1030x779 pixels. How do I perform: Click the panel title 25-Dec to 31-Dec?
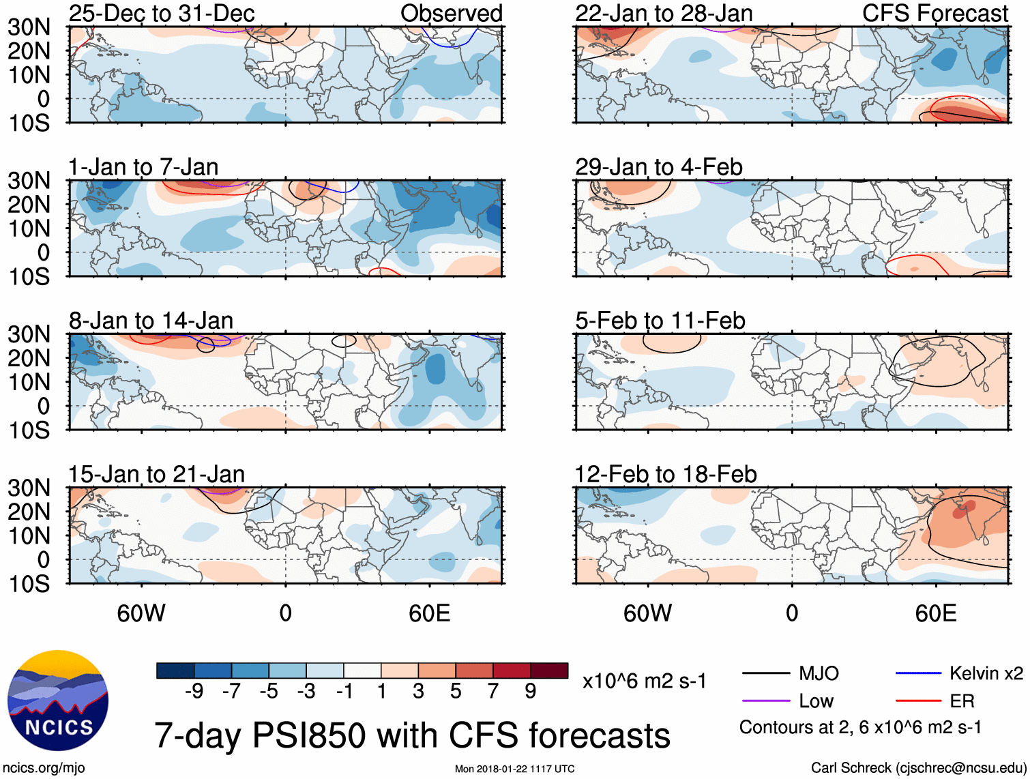coord(162,14)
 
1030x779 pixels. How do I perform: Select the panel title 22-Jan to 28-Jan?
coord(664,14)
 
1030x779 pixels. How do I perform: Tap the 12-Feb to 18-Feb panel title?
coord(666,474)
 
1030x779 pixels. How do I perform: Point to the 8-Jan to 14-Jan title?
coord(151,321)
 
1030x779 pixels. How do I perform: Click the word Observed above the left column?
coord(451,14)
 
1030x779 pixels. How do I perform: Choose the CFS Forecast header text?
coord(935,14)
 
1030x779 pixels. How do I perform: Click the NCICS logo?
coord(58,701)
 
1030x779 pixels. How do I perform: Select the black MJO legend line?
coord(765,674)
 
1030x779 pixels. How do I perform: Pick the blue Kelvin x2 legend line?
coord(918,674)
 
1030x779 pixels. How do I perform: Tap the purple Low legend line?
coord(765,701)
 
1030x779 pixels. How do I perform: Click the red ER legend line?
coord(918,701)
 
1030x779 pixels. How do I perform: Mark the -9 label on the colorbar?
coord(194,692)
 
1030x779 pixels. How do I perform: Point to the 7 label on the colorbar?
coord(492,692)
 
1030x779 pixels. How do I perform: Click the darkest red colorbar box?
coord(549,671)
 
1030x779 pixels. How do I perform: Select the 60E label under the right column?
coord(935,613)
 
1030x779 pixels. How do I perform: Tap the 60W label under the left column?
coord(141,613)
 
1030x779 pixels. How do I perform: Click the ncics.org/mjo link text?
coord(43,768)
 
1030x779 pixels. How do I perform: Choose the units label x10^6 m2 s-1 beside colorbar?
coord(644,681)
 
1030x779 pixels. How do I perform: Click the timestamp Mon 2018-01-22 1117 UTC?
coord(514,769)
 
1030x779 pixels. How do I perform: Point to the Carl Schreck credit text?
coord(918,768)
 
